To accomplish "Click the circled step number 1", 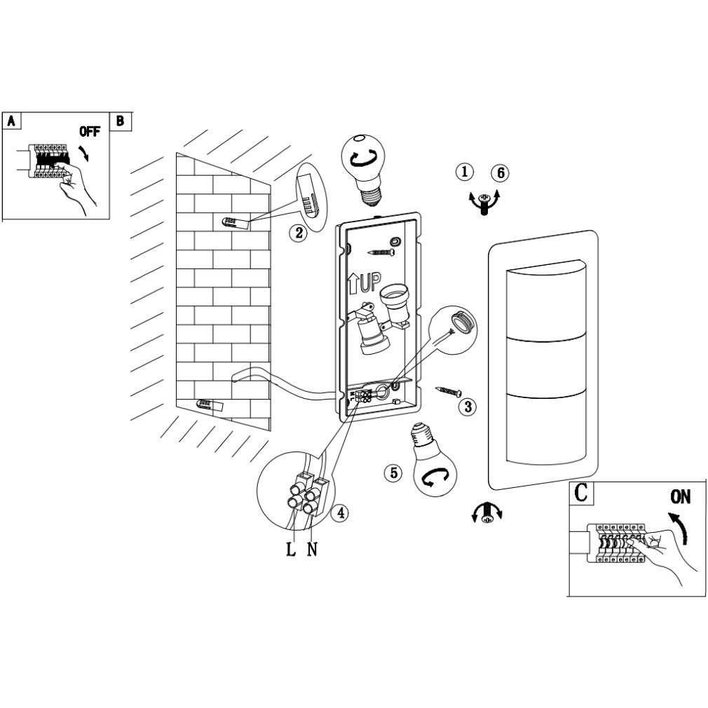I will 464,171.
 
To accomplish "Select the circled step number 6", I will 499,172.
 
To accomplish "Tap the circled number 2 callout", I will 299,233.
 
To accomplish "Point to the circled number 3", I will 468,405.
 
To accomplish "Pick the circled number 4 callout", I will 339,513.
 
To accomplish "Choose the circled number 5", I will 393,473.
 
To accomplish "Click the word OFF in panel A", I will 89,131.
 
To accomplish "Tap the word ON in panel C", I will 680,498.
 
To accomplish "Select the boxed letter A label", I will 11,121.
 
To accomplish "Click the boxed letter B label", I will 121,121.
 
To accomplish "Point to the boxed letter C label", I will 581,493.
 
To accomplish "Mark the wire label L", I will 291,549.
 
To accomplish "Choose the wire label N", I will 312,549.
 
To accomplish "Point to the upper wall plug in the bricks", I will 233,223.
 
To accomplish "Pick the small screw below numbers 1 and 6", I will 483,205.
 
